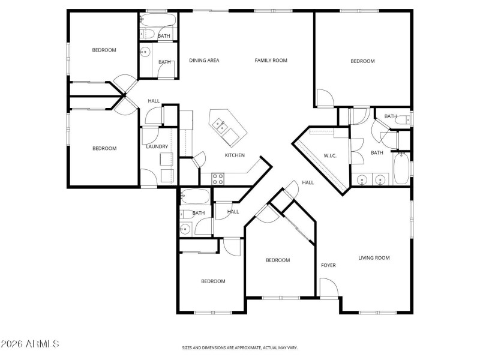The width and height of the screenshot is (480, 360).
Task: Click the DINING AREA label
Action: click(x=204, y=60)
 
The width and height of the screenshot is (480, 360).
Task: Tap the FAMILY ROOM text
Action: click(x=271, y=60)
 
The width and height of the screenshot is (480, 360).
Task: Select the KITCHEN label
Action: click(x=235, y=155)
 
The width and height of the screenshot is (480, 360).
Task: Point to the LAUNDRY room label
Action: click(x=157, y=146)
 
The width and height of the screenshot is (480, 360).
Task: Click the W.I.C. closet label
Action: click(x=330, y=156)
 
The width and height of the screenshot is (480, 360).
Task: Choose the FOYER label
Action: click(x=328, y=265)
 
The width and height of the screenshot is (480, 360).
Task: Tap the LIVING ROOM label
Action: click(x=374, y=258)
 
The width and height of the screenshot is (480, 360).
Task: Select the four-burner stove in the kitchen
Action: click(x=218, y=178)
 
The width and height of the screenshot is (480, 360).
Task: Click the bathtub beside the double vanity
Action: click(x=401, y=169)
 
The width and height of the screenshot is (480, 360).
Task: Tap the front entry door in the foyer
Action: click(x=328, y=288)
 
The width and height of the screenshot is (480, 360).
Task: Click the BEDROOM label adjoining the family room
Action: click(x=362, y=61)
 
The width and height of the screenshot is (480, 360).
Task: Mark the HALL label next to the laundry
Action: click(x=154, y=101)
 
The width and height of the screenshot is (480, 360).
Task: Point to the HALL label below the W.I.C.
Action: click(x=308, y=182)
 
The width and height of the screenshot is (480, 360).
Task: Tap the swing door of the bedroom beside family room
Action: click(x=324, y=98)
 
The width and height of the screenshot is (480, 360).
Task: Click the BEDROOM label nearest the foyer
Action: click(x=278, y=260)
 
